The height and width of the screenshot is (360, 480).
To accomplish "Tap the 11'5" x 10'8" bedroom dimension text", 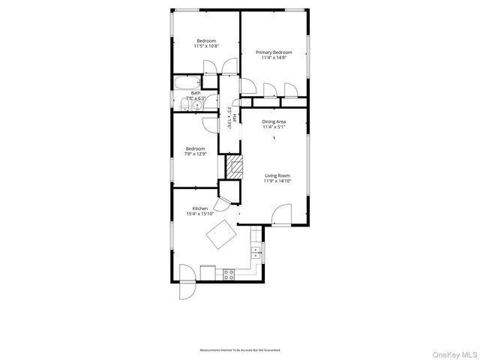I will click(x=205, y=46).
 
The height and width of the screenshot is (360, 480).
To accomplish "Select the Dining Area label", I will click(x=273, y=121).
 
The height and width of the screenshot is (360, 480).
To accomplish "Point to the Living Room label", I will click(x=276, y=175).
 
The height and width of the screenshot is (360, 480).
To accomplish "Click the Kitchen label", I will click(x=199, y=208).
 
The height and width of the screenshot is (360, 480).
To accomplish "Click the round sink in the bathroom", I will click(x=197, y=104).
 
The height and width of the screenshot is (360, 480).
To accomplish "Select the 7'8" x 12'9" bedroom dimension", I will click(x=195, y=154).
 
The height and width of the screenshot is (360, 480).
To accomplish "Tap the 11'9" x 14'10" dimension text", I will click(x=277, y=181).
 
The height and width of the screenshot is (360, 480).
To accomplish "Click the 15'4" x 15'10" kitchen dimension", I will click(x=200, y=214).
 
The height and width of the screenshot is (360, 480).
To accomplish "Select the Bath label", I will click(x=195, y=93).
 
